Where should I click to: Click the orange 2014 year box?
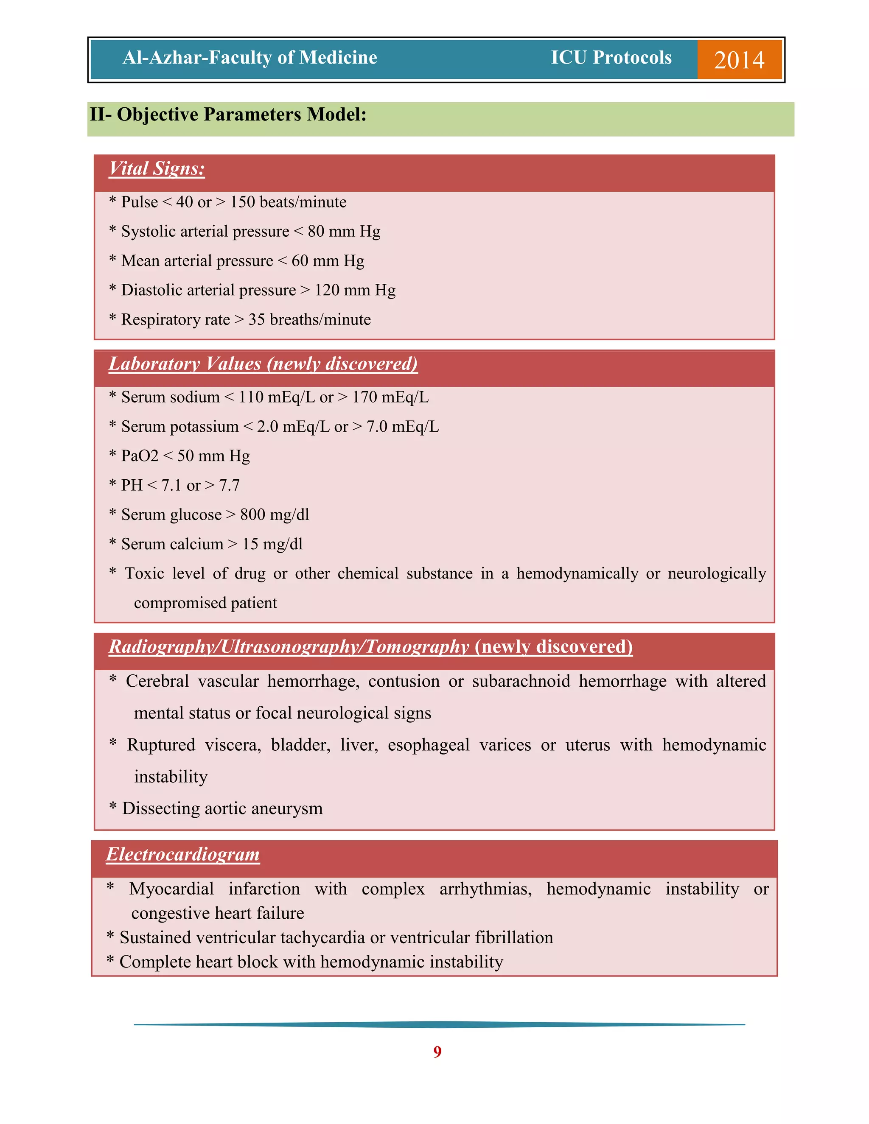pyautogui.click(x=739, y=59)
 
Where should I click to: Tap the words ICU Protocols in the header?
pyautogui.click(x=611, y=57)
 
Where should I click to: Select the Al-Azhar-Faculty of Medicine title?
pyautogui.click(x=249, y=57)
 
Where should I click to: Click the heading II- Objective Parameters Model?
pyautogui.click(x=228, y=114)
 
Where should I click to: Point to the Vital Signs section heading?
pyautogui.click(x=157, y=169)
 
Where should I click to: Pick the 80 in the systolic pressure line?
pyautogui.click(x=316, y=231)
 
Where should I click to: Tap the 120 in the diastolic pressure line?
pyautogui.click(x=327, y=290)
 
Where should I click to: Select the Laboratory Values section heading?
pyautogui.click(x=263, y=364)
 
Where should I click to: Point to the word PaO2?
pyautogui.click(x=140, y=456)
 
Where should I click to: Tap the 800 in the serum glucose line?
pyautogui.click(x=253, y=514)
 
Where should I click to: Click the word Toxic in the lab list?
pyautogui.click(x=144, y=573)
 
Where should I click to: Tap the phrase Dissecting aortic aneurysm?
pyautogui.click(x=222, y=808)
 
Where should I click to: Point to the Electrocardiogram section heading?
pyautogui.click(x=183, y=854)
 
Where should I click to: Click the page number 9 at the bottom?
pyautogui.click(x=437, y=1052)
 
